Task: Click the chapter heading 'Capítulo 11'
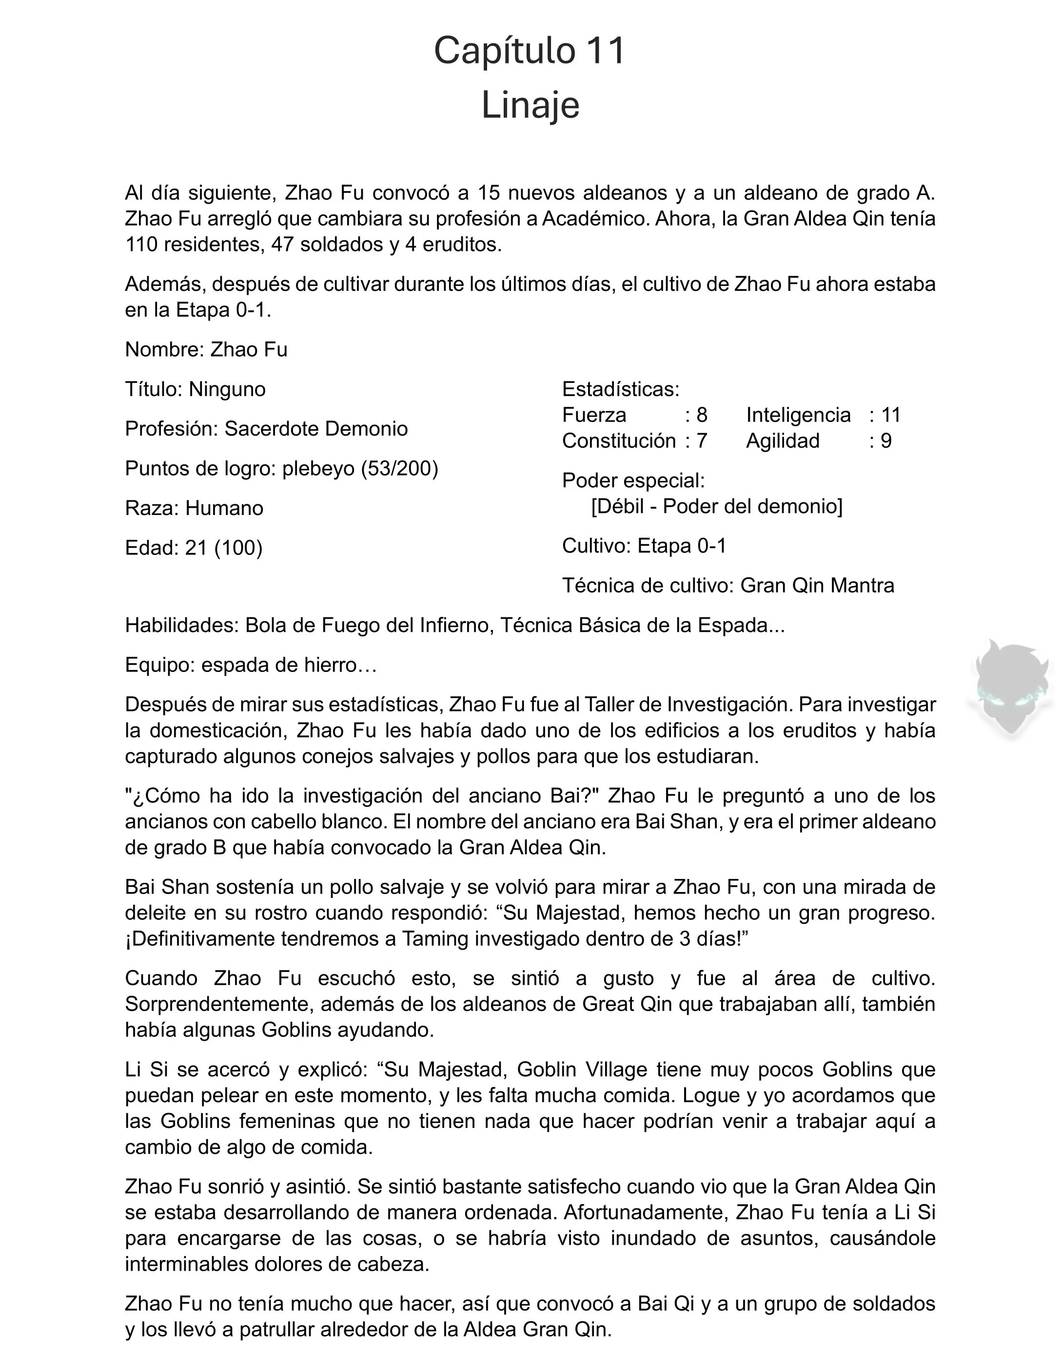coord(530,51)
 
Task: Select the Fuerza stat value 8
coord(702,415)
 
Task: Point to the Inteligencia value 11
coord(891,415)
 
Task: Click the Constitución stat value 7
coord(702,441)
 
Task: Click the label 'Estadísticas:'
coord(620,389)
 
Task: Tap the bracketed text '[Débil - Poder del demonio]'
coord(717,506)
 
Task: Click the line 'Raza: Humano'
coord(194,508)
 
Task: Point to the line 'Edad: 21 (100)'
coord(194,548)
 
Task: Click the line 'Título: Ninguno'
coord(196,389)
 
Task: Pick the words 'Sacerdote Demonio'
coord(316,429)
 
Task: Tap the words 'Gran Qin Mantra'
coord(817,586)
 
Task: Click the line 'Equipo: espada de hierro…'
coord(251,665)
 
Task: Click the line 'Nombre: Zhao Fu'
coord(206,349)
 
